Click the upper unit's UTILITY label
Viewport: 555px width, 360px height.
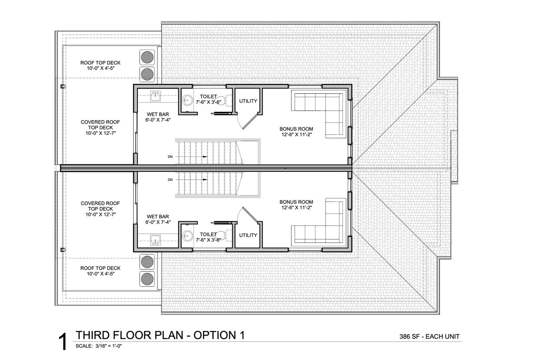click(x=248, y=101)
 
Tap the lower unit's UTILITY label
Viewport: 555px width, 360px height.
click(x=248, y=235)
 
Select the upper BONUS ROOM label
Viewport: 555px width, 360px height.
click(x=296, y=129)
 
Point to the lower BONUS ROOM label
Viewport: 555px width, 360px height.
click(x=296, y=202)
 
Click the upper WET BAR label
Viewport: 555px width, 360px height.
click(x=158, y=115)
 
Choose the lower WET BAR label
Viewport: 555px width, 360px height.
click(x=158, y=216)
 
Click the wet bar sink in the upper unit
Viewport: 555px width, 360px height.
click(x=155, y=96)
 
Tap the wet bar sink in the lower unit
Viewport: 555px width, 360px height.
click(x=155, y=240)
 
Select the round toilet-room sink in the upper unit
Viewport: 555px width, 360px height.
click(x=187, y=101)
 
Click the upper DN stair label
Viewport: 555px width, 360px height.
click(x=170, y=157)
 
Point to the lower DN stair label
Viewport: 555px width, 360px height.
click(x=170, y=180)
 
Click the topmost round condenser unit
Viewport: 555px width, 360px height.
click(x=147, y=57)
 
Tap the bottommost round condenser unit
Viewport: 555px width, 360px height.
click(x=147, y=279)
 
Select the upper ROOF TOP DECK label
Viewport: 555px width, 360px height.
click(x=100, y=63)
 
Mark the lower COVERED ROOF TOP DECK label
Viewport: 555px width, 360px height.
click(x=100, y=206)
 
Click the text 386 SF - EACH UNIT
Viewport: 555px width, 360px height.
click(x=429, y=337)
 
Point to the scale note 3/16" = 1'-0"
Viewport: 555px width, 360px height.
click(x=109, y=346)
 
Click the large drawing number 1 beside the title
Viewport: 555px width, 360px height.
click(x=63, y=342)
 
